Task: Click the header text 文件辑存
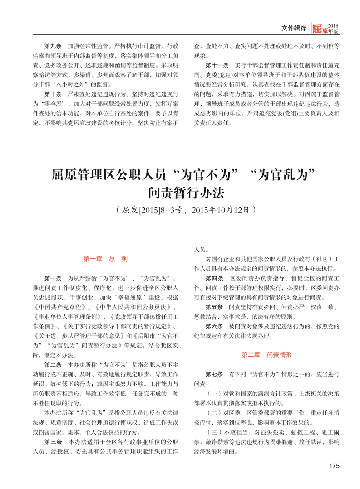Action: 294,28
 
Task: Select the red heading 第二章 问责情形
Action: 266,354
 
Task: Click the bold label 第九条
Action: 53,46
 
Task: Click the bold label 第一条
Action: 53,278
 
